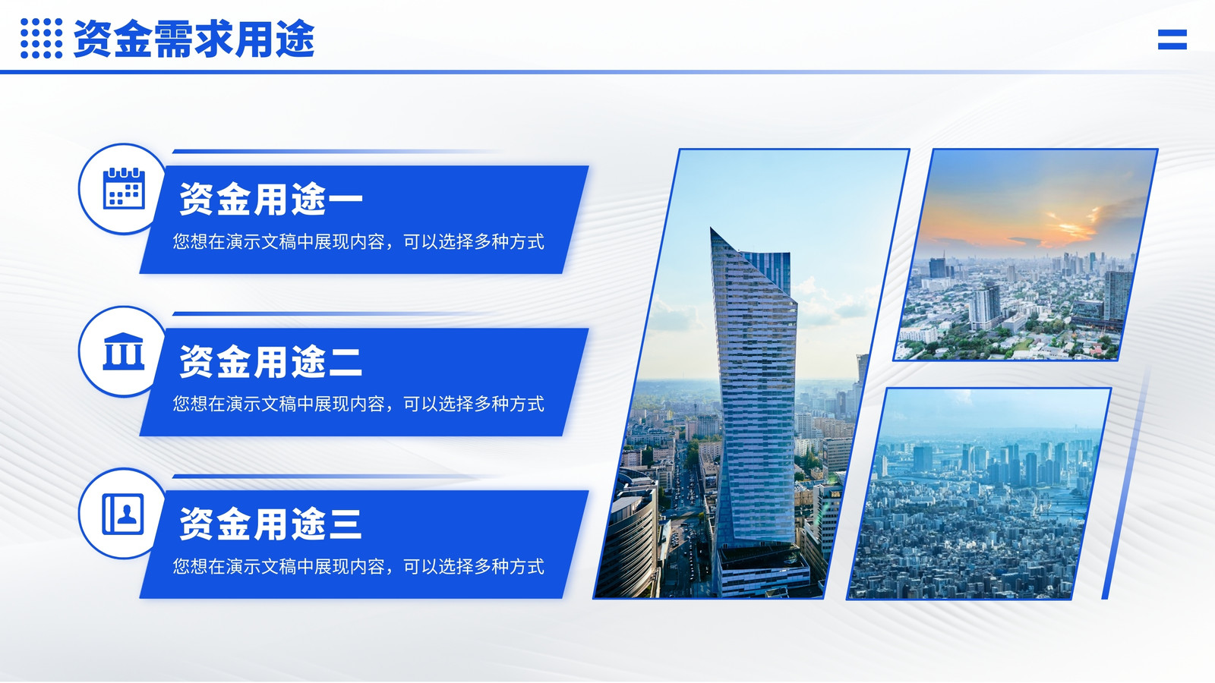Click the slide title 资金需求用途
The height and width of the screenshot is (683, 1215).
click(194, 39)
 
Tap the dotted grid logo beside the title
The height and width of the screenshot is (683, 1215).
click(41, 38)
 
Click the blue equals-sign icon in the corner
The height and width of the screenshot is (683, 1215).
click(1172, 39)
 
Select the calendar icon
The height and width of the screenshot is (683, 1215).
click(124, 188)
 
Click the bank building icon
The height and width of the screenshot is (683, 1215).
click(124, 351)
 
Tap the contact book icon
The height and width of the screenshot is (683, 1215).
click(123, 514)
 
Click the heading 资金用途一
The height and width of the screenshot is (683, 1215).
click(270, 199)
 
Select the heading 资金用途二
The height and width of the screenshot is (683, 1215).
click(270, 361)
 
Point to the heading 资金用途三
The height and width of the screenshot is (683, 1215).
click(270, 524)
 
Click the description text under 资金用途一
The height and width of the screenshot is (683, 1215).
click(358, 242)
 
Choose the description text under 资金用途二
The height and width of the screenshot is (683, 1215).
click(358, 404)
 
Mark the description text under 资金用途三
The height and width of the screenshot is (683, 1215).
click(358, 566)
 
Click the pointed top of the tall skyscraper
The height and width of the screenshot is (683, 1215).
click(712, 228)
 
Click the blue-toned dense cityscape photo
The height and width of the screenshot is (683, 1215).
click(979, 494)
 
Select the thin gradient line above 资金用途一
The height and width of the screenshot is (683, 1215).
click(336, 151)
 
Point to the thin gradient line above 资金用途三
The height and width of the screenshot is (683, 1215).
click(336, 477)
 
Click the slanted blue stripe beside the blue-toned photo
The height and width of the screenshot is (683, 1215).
click(1126, 483)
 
